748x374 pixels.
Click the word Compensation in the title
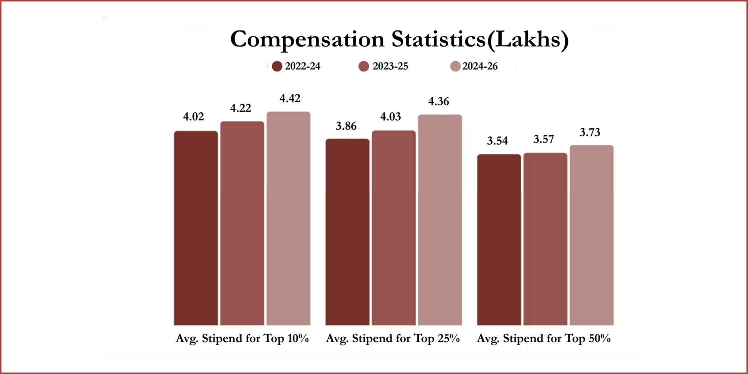[x=307, y=40]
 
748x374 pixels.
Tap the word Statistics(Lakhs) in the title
[x=480, y=40]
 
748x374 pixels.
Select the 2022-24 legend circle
[x=277, y=67]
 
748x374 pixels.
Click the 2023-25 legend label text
[x=390, y=66]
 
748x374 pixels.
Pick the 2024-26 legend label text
[x=480, y=66]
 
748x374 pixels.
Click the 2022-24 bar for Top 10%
[x=196, y=228]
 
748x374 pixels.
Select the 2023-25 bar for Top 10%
[x=242, y=223]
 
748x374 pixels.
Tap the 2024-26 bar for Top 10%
[x=288, y=218]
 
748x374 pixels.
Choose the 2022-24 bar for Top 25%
[x=347, y=232]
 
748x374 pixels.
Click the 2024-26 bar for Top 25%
[x=440, y=220]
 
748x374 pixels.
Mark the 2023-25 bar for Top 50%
[x=545, y=239]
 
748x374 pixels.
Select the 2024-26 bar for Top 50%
[x=592, y=235]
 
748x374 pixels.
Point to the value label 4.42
[x=290, y=98]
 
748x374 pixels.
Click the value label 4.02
[x=193, y=117]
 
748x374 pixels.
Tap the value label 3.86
[x=346, y=126]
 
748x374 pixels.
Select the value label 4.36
[x=438, y=101]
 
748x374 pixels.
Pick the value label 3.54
[x=497, y=141]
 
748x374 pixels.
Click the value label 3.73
[x=590, y=132]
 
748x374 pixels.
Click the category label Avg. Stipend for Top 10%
[x=242, y=338]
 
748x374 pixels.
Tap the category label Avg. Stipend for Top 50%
[x=543, y=338]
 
